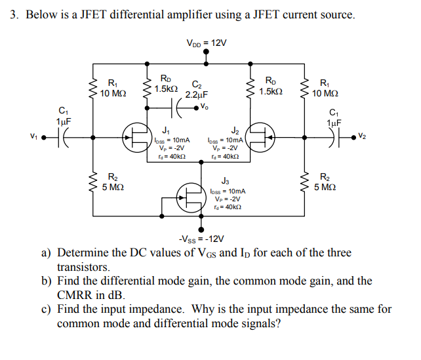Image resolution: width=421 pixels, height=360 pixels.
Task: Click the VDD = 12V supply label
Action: click(x=207, y=43)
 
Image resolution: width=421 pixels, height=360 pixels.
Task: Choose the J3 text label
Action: click(x=225, y=180)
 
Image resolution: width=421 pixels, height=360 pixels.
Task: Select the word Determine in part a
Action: click(x=83, y=253)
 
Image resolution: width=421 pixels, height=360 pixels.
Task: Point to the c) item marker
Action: click(x=47, y=309)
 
